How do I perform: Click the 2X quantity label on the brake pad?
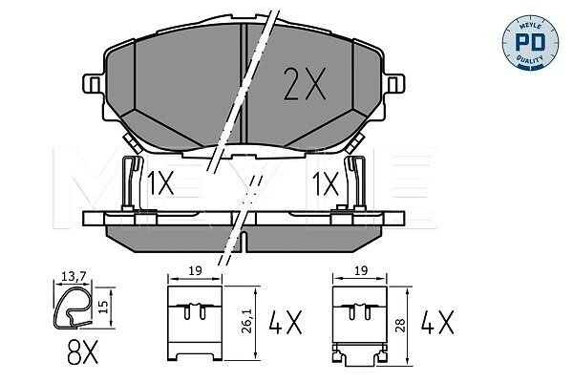point(305,84)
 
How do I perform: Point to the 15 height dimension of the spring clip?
point(103,308)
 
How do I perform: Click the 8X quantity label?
point(82,352)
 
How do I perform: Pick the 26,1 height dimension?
point(248,322)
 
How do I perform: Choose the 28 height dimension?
point(400,325)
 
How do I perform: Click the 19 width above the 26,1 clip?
point(196,271)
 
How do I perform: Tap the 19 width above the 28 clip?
point(360,271)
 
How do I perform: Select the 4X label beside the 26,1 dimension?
point(286,322)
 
